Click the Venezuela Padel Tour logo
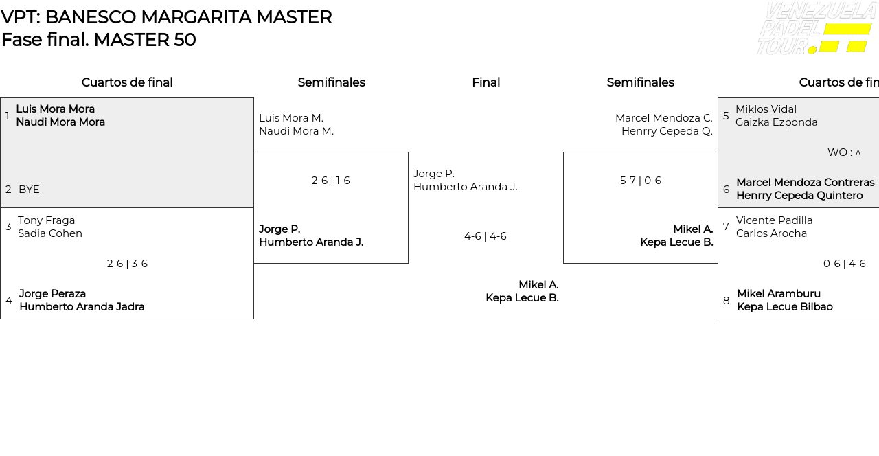pos(815,29)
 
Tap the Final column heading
pos(486,82)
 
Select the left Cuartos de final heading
pos(127,82)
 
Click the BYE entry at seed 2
pos(29,190)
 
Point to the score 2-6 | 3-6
pos(127,264)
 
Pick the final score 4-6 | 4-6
pos(485,236)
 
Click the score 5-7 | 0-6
pos(640,181)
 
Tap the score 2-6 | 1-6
pos(330,181)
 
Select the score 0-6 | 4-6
pos(844,264)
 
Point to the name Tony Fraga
pos(46,220)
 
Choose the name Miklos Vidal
pos(766,109)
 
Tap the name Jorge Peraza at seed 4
pos(52,294)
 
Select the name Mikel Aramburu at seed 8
pos(778,294)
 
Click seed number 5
pos(726,116)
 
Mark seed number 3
pos(8,227)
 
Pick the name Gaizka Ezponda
pos(776,122)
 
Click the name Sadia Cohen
pos(50,233)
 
